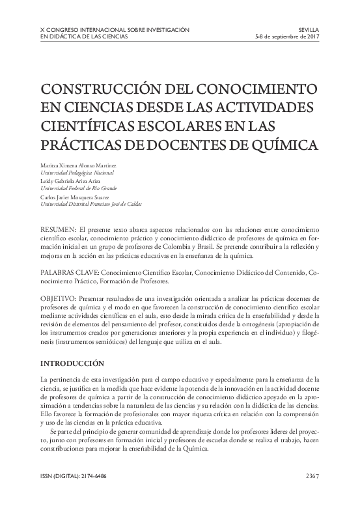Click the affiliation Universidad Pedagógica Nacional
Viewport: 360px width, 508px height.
tap(77, 173)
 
